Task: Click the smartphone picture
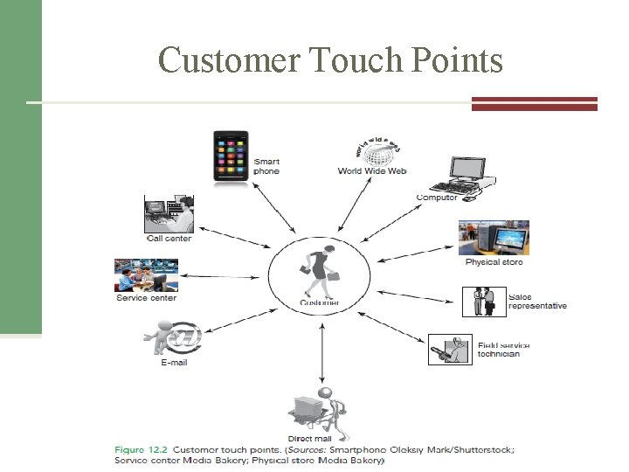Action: pos(231,157)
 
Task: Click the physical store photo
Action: pos(494,239)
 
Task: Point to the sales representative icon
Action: pos(483,302)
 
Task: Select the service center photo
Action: pos(146,275)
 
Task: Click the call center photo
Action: pos(169,214)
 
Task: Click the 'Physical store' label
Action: pos(494,262)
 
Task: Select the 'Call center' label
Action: pos(169,239)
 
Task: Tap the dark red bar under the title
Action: pos(534,103)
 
